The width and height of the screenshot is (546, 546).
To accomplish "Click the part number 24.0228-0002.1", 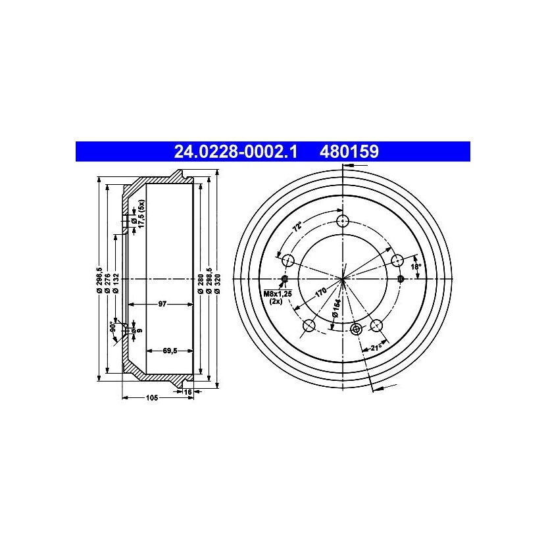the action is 236,152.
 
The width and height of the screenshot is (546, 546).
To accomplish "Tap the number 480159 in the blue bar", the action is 349,152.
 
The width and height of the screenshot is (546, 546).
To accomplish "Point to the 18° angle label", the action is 416,266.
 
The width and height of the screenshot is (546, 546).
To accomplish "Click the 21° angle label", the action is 376,347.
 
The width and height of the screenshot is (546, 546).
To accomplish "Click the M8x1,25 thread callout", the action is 278,293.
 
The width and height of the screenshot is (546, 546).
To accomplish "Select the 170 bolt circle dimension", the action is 321,292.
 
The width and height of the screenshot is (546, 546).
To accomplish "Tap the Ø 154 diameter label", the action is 336,307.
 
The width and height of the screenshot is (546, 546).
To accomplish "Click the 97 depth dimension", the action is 162,304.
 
